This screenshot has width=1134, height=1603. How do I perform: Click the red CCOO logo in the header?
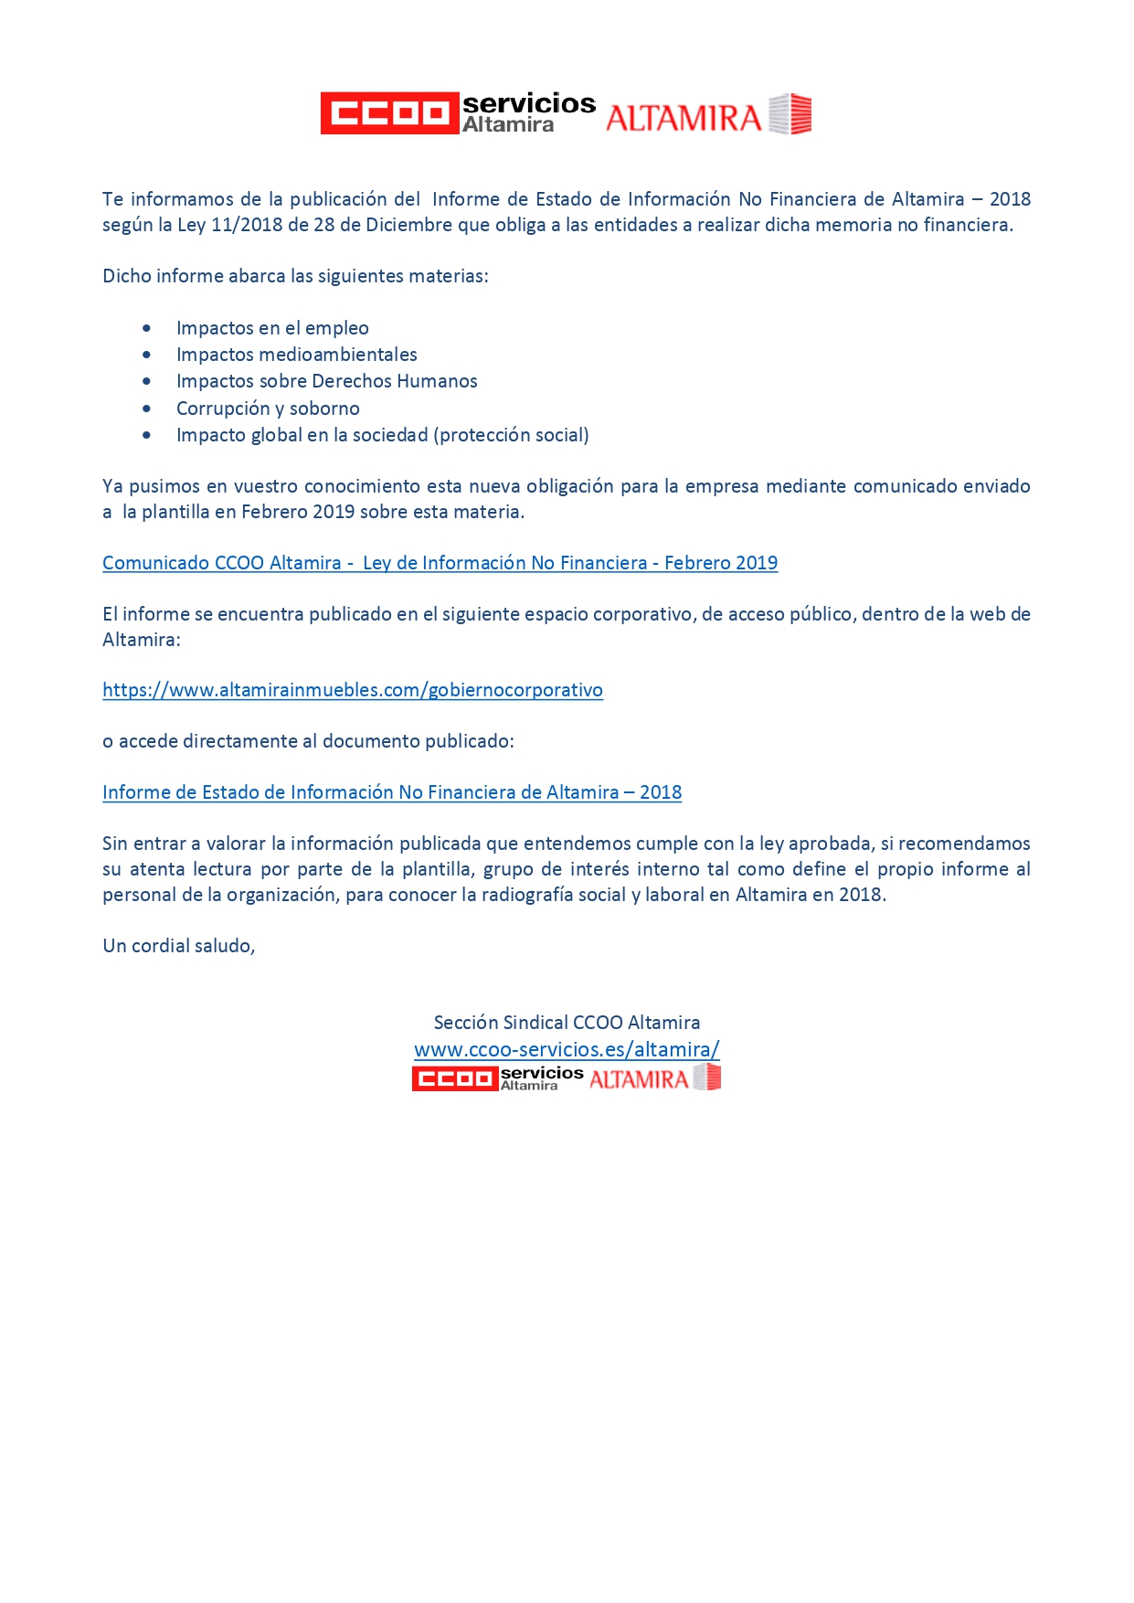[x=388, y=113]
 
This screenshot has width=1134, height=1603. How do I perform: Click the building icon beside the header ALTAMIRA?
[x=790, y=114]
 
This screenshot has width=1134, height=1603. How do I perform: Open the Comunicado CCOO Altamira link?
[x=440, y=563]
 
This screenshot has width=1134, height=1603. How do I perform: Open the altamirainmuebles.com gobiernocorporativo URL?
[x=352, y=690]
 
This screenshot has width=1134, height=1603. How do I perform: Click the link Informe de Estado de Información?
[x=391, y=792]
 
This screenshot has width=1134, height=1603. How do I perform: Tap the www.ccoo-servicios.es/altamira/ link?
[x=567, y=1049]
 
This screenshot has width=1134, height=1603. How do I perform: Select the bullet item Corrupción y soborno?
[x=268, y=409]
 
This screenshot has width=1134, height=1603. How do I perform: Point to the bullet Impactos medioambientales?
[x=296, y=355]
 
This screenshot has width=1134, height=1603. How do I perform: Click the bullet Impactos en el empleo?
[x=272, y=328]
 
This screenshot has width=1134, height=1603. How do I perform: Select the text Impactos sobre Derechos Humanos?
[x=326, y=381]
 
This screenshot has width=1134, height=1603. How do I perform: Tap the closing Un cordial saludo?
[x=178, y=946]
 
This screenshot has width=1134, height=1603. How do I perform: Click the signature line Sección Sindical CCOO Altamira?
[x=567, y=1023]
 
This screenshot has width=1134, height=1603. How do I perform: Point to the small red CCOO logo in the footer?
[x=454, y=1079]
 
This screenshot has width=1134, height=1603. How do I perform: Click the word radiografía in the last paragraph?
[x=534, y=895]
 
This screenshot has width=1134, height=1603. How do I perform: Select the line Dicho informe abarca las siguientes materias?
[x=295, y=276]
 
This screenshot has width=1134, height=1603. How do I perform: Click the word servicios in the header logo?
[x=528, y=103]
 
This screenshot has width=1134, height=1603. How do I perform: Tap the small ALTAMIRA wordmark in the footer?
[x=639, y=1079]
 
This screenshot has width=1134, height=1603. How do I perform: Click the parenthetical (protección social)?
[x=514, y=435]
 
